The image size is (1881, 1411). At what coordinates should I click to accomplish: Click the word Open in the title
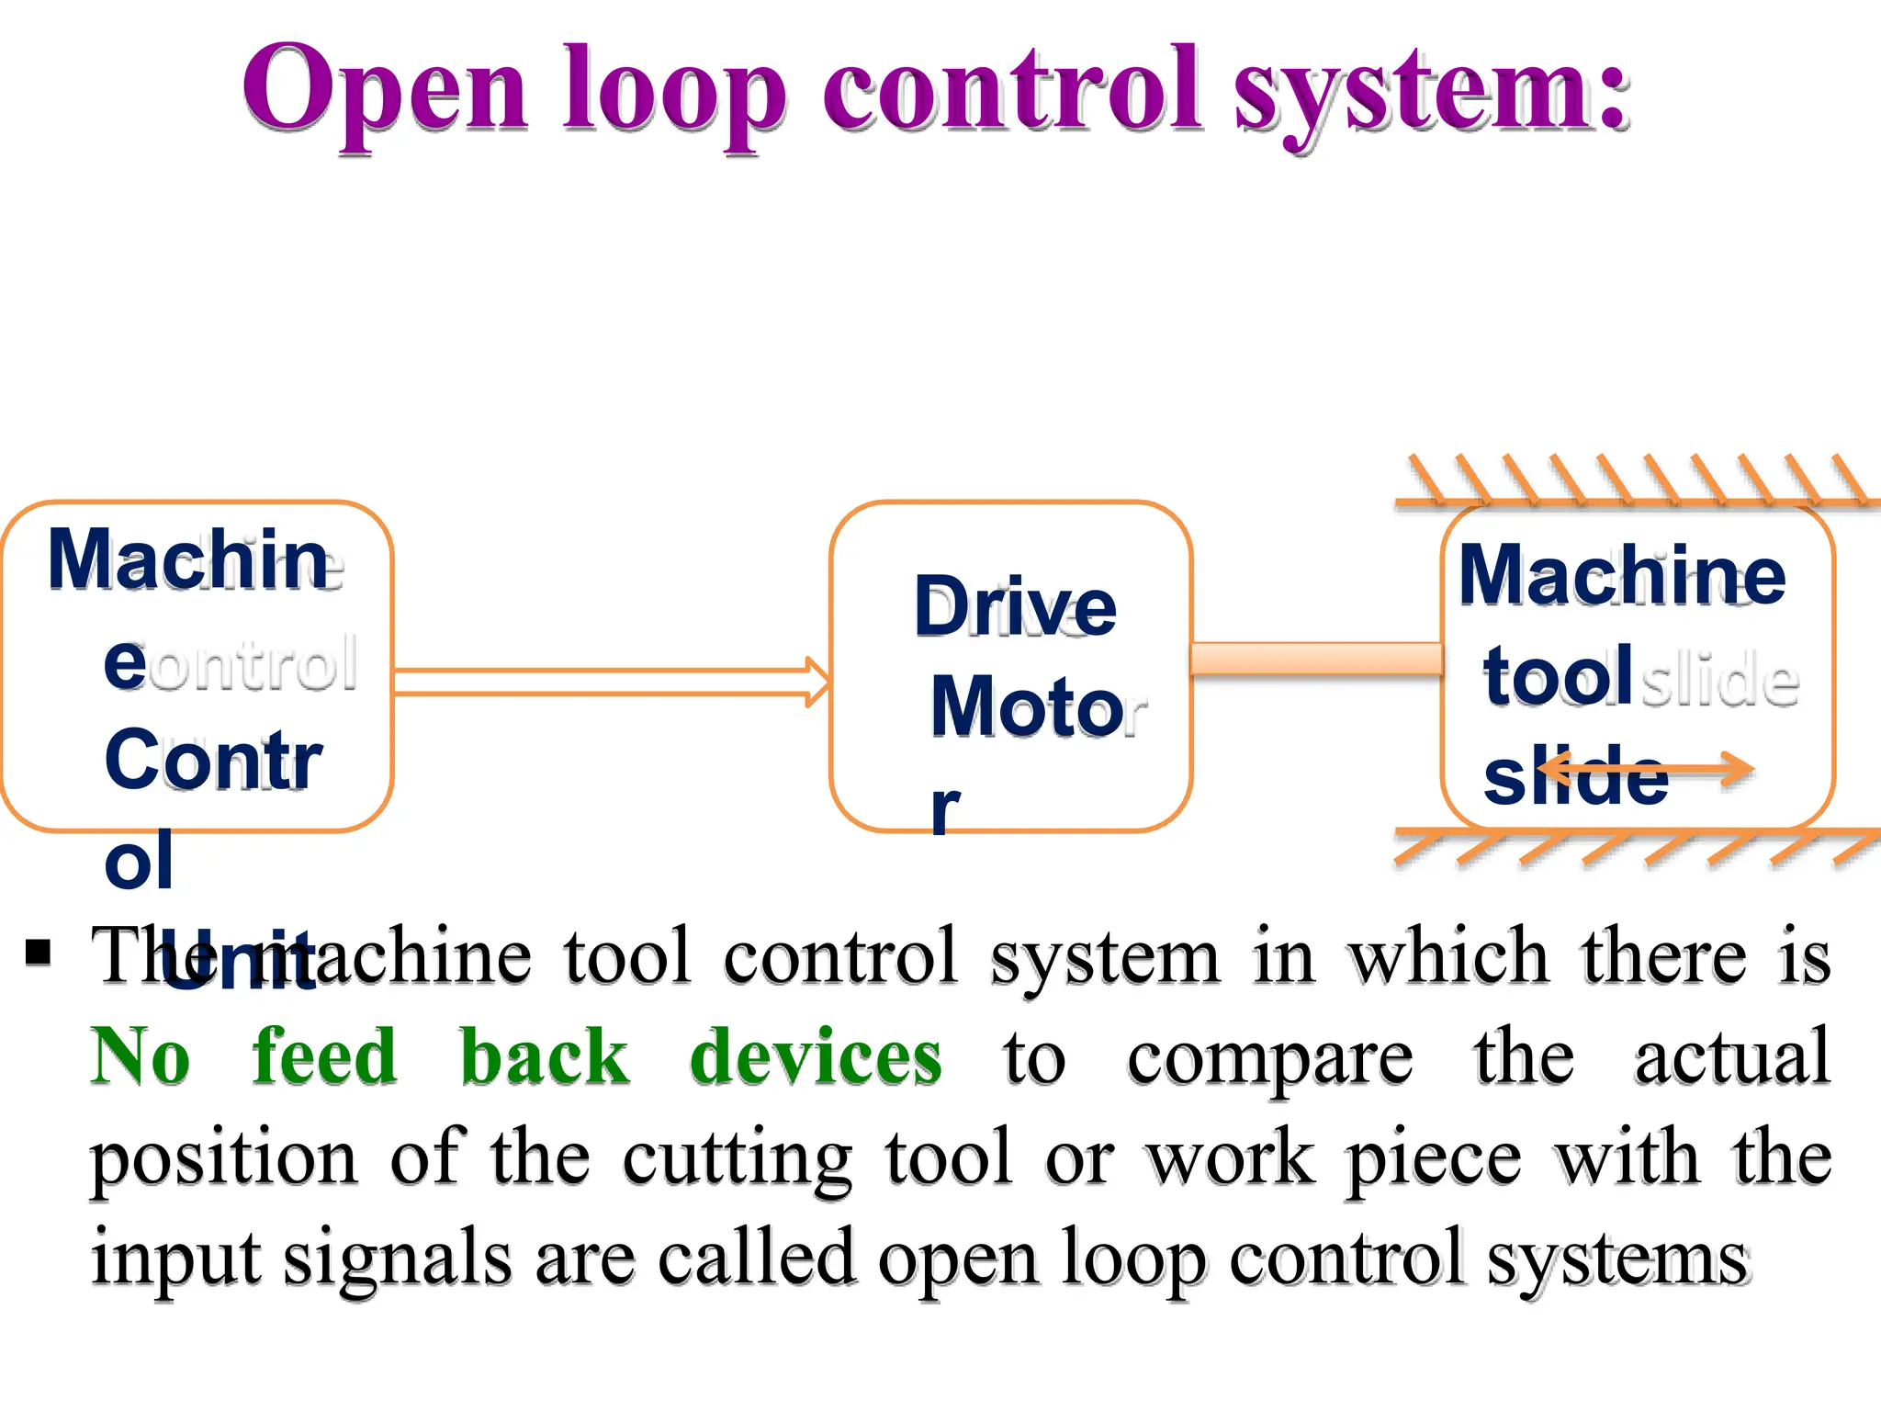tap(385, 90)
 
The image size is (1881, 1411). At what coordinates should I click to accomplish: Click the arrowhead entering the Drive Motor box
tap(817, 682)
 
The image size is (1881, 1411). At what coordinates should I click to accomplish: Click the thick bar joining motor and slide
tap(1315, 660)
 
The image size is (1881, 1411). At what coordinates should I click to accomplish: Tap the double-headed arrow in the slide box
tap(1644, 770)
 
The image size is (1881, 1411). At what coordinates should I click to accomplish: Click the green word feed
tap(324, 1056)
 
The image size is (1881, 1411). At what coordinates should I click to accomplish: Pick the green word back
tap(544, 1056)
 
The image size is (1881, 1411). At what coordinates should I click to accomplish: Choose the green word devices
tap(816, 1056)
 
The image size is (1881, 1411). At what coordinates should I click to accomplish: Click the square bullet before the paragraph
tap(39, 953)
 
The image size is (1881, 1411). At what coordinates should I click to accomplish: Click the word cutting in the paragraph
tap(738, 1159)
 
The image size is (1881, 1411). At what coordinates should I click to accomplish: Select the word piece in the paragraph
tap(1434, 1159)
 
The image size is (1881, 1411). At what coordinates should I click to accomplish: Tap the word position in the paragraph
tap(223, 1159)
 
